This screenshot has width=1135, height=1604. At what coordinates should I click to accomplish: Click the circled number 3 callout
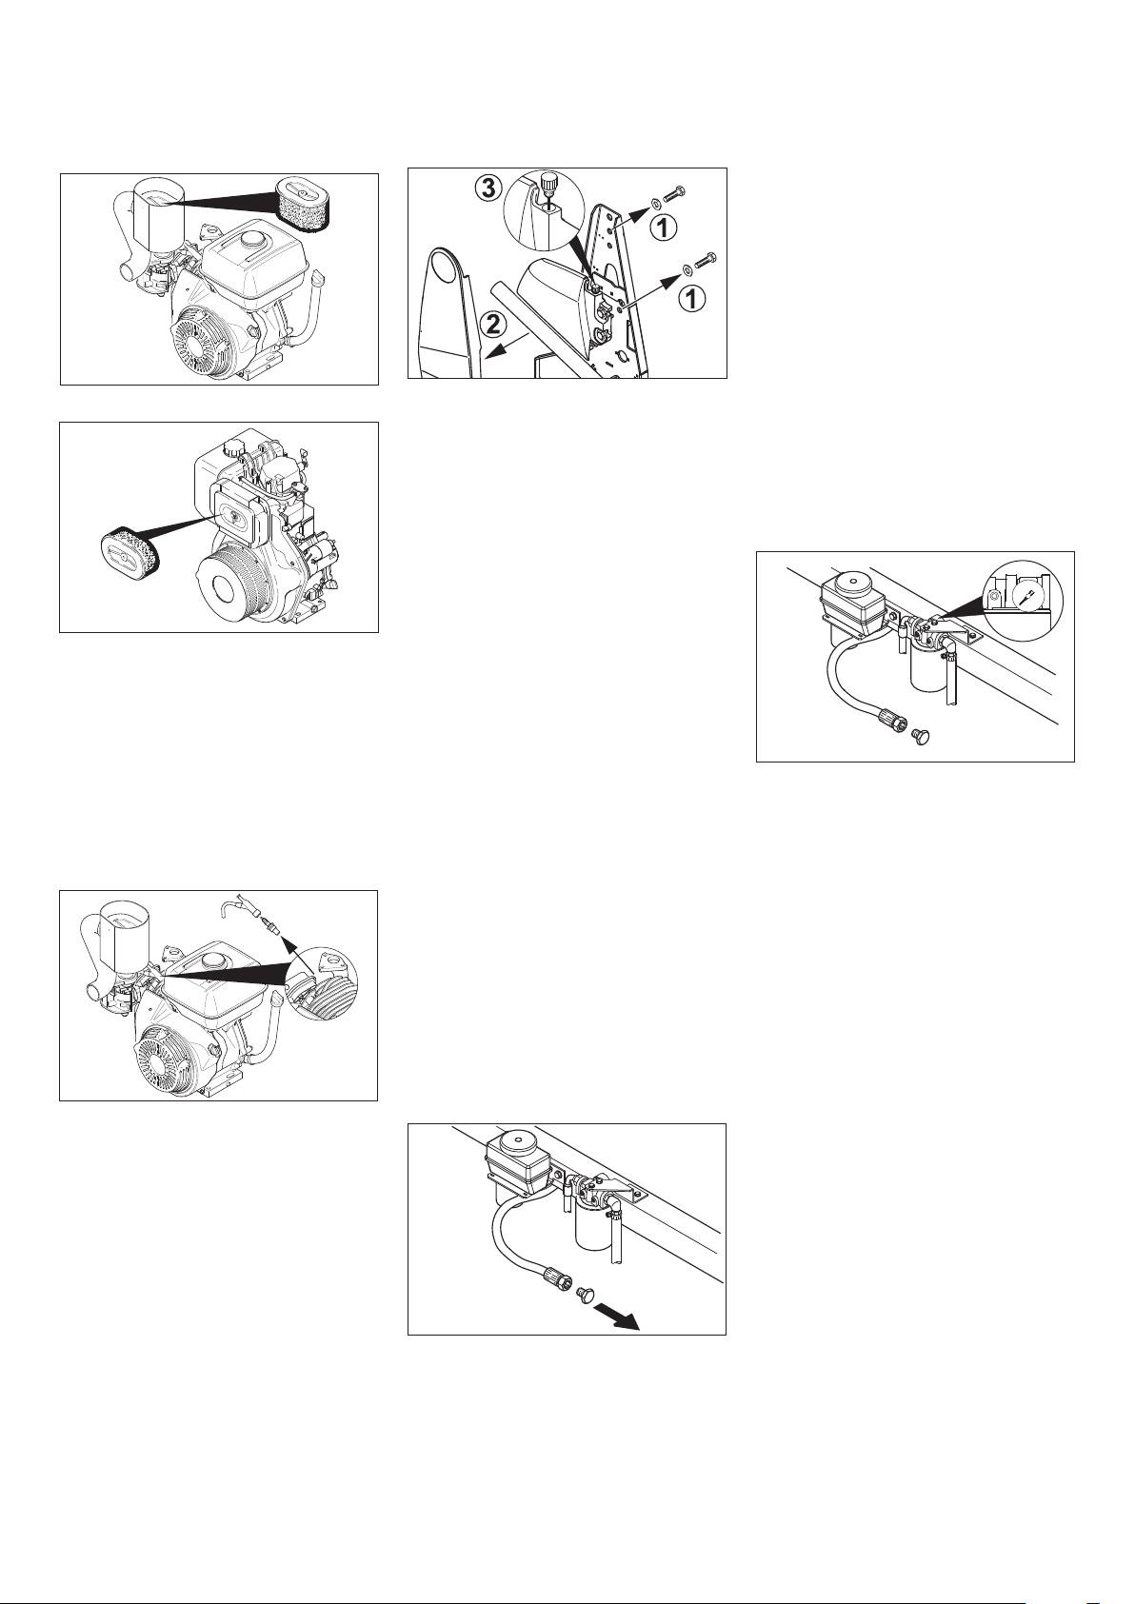[487, 189]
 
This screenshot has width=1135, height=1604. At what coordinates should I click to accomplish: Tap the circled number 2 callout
[490, 326]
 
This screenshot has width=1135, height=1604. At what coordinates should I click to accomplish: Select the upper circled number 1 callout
[663, 228]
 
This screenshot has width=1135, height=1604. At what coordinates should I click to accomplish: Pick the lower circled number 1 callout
[691, 299]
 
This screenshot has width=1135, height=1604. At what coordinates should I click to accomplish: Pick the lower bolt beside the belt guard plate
[705, 261]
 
